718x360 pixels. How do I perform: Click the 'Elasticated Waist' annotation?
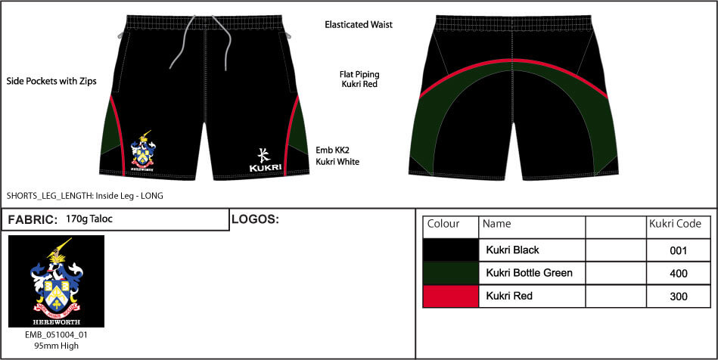coord(359,25)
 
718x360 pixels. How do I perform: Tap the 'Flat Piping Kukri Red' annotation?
coord(359,79)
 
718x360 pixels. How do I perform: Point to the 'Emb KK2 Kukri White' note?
coord(337,156)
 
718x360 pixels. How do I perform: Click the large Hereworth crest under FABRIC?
coord(56,281)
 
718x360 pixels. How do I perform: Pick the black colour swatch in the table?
coord(450,250)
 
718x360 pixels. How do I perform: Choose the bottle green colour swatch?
coord(450,272)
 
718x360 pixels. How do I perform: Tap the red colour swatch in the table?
coord(450,296)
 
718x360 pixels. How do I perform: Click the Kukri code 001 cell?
coord(679,250)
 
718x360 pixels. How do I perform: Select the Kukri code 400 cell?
coord(679,273)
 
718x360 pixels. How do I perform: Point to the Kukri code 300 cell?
coord(679,296)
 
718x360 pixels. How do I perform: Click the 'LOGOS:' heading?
coord(255,219)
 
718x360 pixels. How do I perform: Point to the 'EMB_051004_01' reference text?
coord(56,334)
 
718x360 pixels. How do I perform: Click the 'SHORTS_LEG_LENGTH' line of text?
coord(85,195)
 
